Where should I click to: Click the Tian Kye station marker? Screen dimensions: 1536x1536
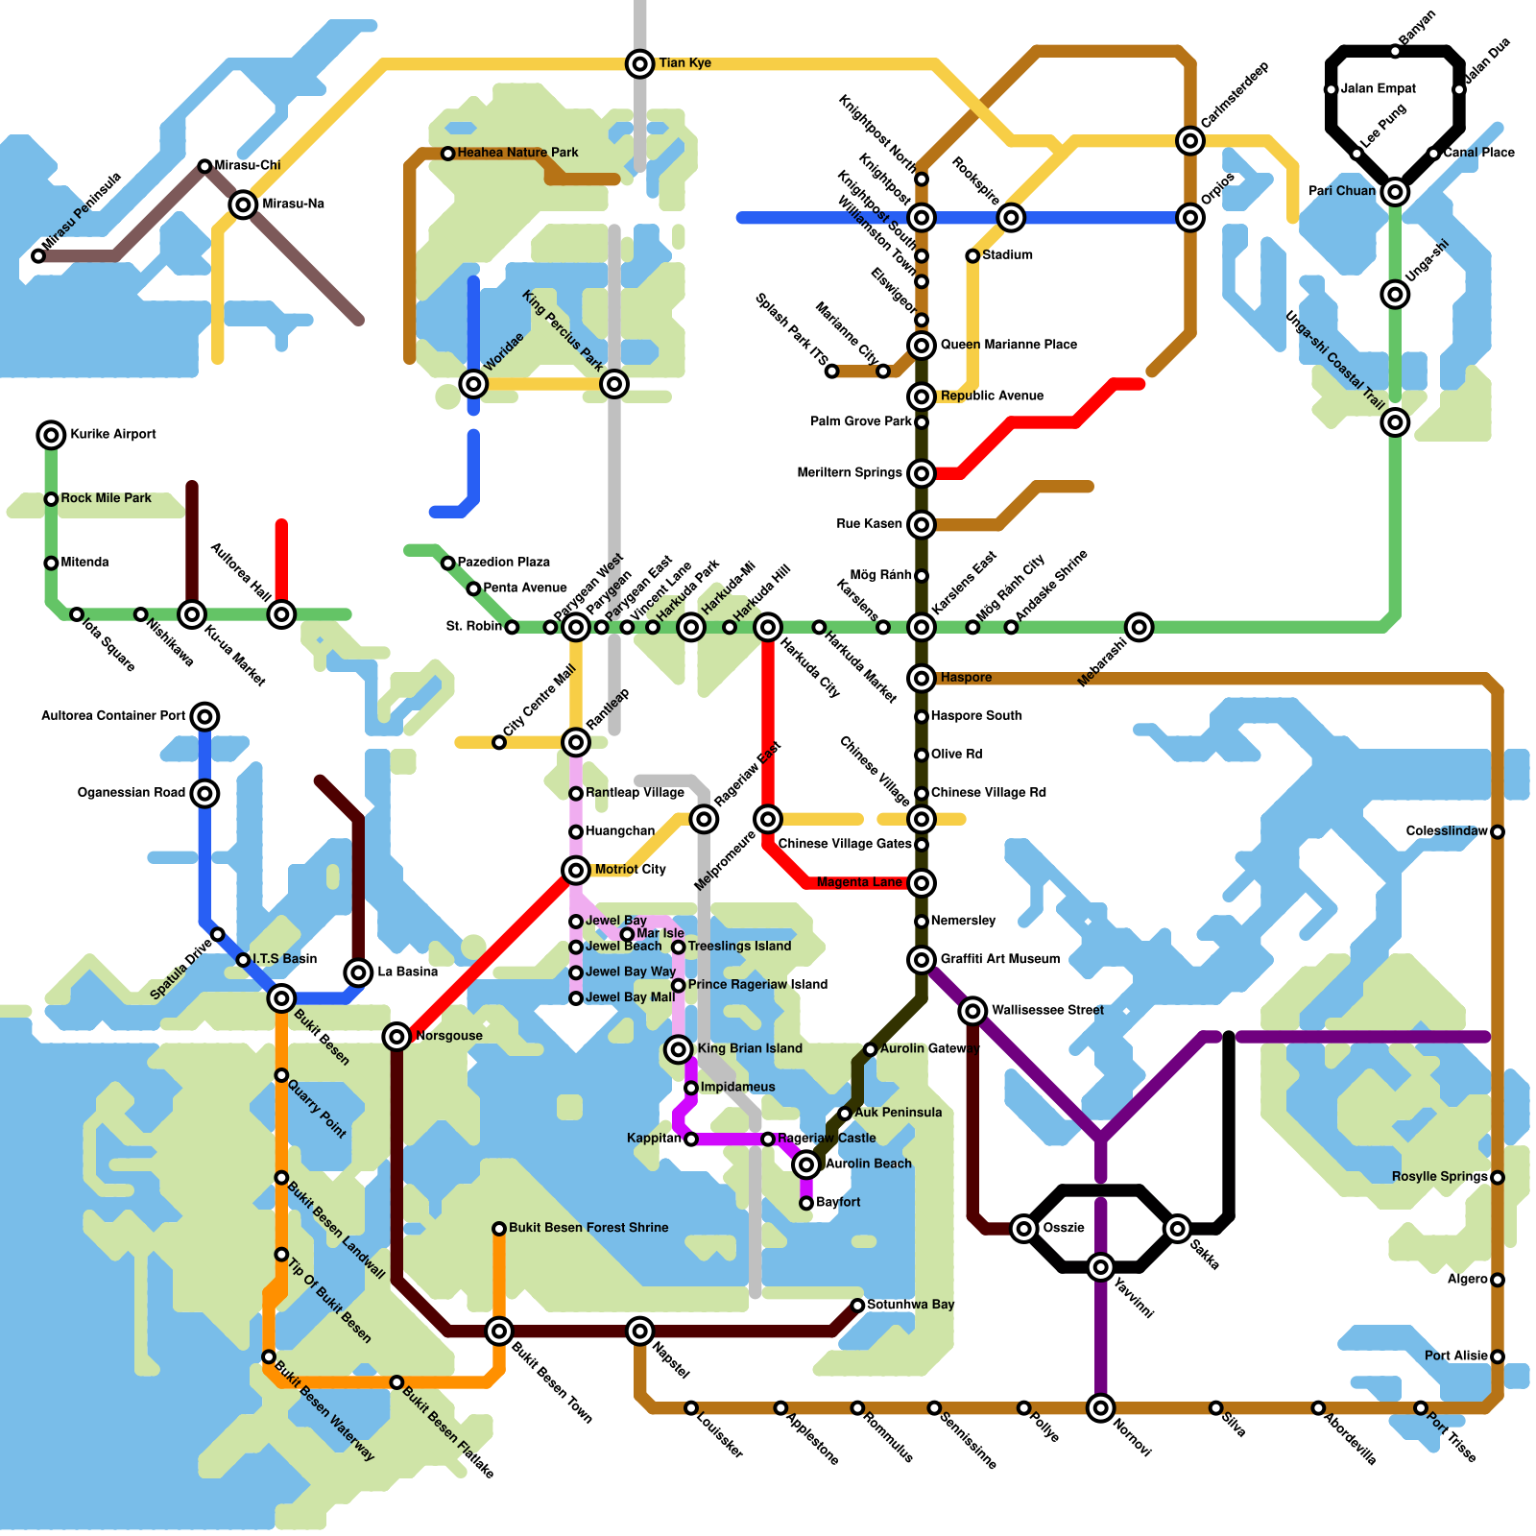(x=640, y=64)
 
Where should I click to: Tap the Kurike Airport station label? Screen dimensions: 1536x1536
(x=113, y=435)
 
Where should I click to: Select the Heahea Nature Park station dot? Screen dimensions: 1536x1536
(x=448, y=154)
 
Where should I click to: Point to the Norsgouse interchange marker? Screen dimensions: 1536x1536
(x=396, y=1036)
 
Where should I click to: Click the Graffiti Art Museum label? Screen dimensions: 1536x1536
(x=1000, y=959)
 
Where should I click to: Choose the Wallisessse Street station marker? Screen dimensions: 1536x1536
(x=972, y=1010)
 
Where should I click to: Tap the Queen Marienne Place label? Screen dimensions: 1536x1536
(x=1008, y=345)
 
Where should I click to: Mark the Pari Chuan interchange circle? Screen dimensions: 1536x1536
(x=1395, y=192)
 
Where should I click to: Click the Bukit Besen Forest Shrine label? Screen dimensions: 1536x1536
(x=588, y=1228)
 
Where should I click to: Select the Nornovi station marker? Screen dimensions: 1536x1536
(x=1101, y=1407)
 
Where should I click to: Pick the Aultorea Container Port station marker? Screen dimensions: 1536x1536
(x=204, y=716)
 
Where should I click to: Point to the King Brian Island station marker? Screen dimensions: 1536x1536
(x=679, y=1048)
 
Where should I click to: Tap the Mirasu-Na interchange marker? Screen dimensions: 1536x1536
(x=244, y=204)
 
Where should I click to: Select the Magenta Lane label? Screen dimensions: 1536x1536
(x=859, y=882)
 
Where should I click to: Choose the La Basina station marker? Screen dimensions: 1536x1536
(x=358, y=972)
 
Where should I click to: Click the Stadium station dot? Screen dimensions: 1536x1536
(x=972, y=255)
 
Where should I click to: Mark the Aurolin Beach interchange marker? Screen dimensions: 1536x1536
(x=806, y=1164)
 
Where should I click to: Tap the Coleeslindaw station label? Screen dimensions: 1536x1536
(x=1447, y=831)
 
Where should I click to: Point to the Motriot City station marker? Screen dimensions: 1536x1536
(x=576, y=871)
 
